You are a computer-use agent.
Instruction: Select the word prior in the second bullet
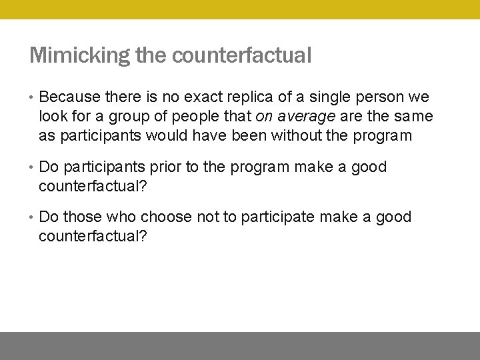coord(167,167)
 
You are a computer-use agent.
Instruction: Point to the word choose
coord(167,217)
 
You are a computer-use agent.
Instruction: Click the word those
coord(81,217)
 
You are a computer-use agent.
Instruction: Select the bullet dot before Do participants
coord(31,167)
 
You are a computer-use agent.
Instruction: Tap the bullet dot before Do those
coord(31,217)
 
